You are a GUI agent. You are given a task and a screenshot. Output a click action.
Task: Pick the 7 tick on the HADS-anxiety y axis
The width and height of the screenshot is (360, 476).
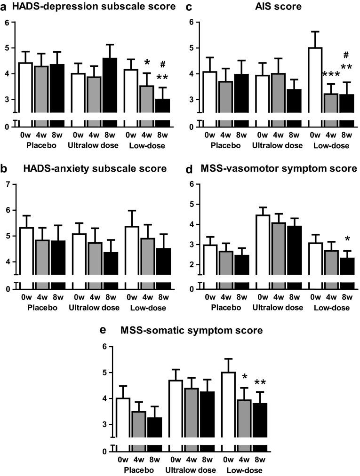pos(8,184)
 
